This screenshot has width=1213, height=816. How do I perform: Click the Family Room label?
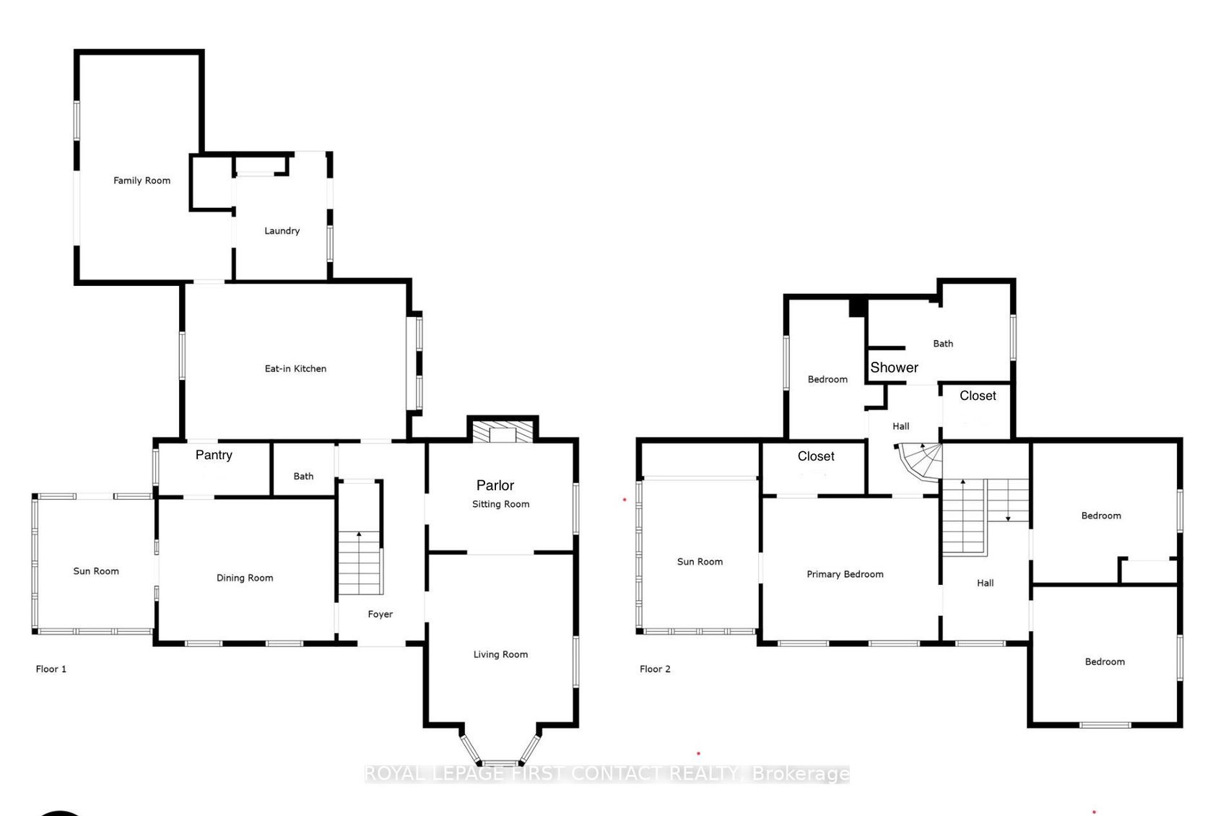click(142, 181)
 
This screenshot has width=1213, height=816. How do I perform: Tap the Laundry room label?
click(282, 230)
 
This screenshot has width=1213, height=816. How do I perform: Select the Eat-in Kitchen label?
click(295, 368)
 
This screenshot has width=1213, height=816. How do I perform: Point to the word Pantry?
click(214, 455)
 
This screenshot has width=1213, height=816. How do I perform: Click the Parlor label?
click(495, 485)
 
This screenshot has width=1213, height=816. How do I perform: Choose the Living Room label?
click(500, 654)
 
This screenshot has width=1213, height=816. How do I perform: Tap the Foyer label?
click(380, 614)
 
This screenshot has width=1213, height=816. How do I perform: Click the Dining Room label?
click(245, 578)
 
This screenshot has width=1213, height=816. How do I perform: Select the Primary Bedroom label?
click(845, 574)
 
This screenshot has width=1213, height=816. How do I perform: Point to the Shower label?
click(894, 368)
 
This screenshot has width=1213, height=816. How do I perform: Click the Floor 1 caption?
click(51, 669)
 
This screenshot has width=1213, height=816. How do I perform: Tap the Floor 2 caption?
click(655, 669)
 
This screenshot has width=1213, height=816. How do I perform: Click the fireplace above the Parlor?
click(503, 430)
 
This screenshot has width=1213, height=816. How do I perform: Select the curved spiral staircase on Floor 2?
click(920, 462)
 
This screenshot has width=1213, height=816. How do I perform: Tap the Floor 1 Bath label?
click(303, 476)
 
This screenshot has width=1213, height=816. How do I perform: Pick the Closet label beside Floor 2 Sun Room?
click(816, 456)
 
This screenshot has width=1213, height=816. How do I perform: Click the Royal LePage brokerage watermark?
click(607, 774)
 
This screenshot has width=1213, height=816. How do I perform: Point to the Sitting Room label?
click(500, 504)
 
